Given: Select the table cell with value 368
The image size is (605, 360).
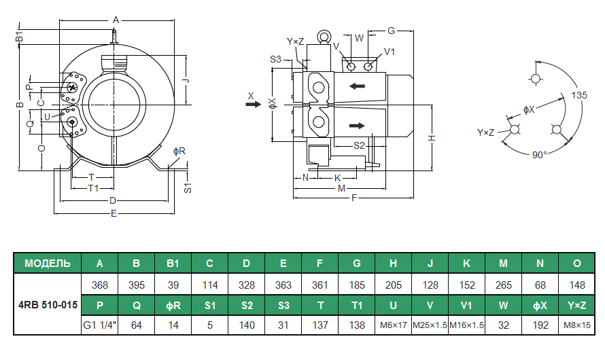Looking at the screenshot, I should (100, 284).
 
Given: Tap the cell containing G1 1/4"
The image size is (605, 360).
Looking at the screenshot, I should (100, 325).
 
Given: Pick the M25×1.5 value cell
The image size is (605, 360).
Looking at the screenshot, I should (430, 325).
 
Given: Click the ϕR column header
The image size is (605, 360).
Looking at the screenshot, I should (173, 305).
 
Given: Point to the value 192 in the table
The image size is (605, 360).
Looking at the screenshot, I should (540, 325).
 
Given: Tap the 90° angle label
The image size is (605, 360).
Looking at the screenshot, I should (539, 155).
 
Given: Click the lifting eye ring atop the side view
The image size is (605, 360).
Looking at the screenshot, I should (323, 36).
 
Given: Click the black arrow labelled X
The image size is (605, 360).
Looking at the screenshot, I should (252, 105).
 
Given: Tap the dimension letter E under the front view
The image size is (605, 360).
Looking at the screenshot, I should (114, 213).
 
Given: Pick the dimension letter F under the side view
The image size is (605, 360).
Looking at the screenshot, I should (353, 198).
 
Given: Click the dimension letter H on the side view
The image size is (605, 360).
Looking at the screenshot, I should (432, 138).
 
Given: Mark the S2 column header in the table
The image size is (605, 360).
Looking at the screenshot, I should (247, 305).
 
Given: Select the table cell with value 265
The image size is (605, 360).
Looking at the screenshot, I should (503, 284).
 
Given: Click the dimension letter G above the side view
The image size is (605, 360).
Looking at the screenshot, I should (392, 31).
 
